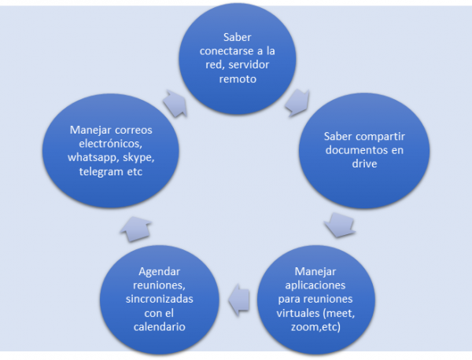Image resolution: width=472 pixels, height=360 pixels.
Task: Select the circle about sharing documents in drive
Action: coord(364,148)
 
